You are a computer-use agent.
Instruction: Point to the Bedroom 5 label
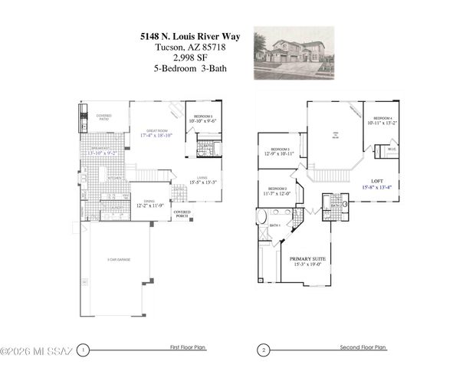(x=204, y=116)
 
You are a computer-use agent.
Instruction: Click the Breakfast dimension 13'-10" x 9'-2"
(x=105, y=153)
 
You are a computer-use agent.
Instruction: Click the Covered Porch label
(x=182, y=214)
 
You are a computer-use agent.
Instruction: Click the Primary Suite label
(x=307, y=259)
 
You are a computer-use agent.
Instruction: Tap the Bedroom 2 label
(x=277, y=188)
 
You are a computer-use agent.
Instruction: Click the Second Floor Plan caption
(x=363, y=348)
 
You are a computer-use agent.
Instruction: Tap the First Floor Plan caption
(x=188, y=348)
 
